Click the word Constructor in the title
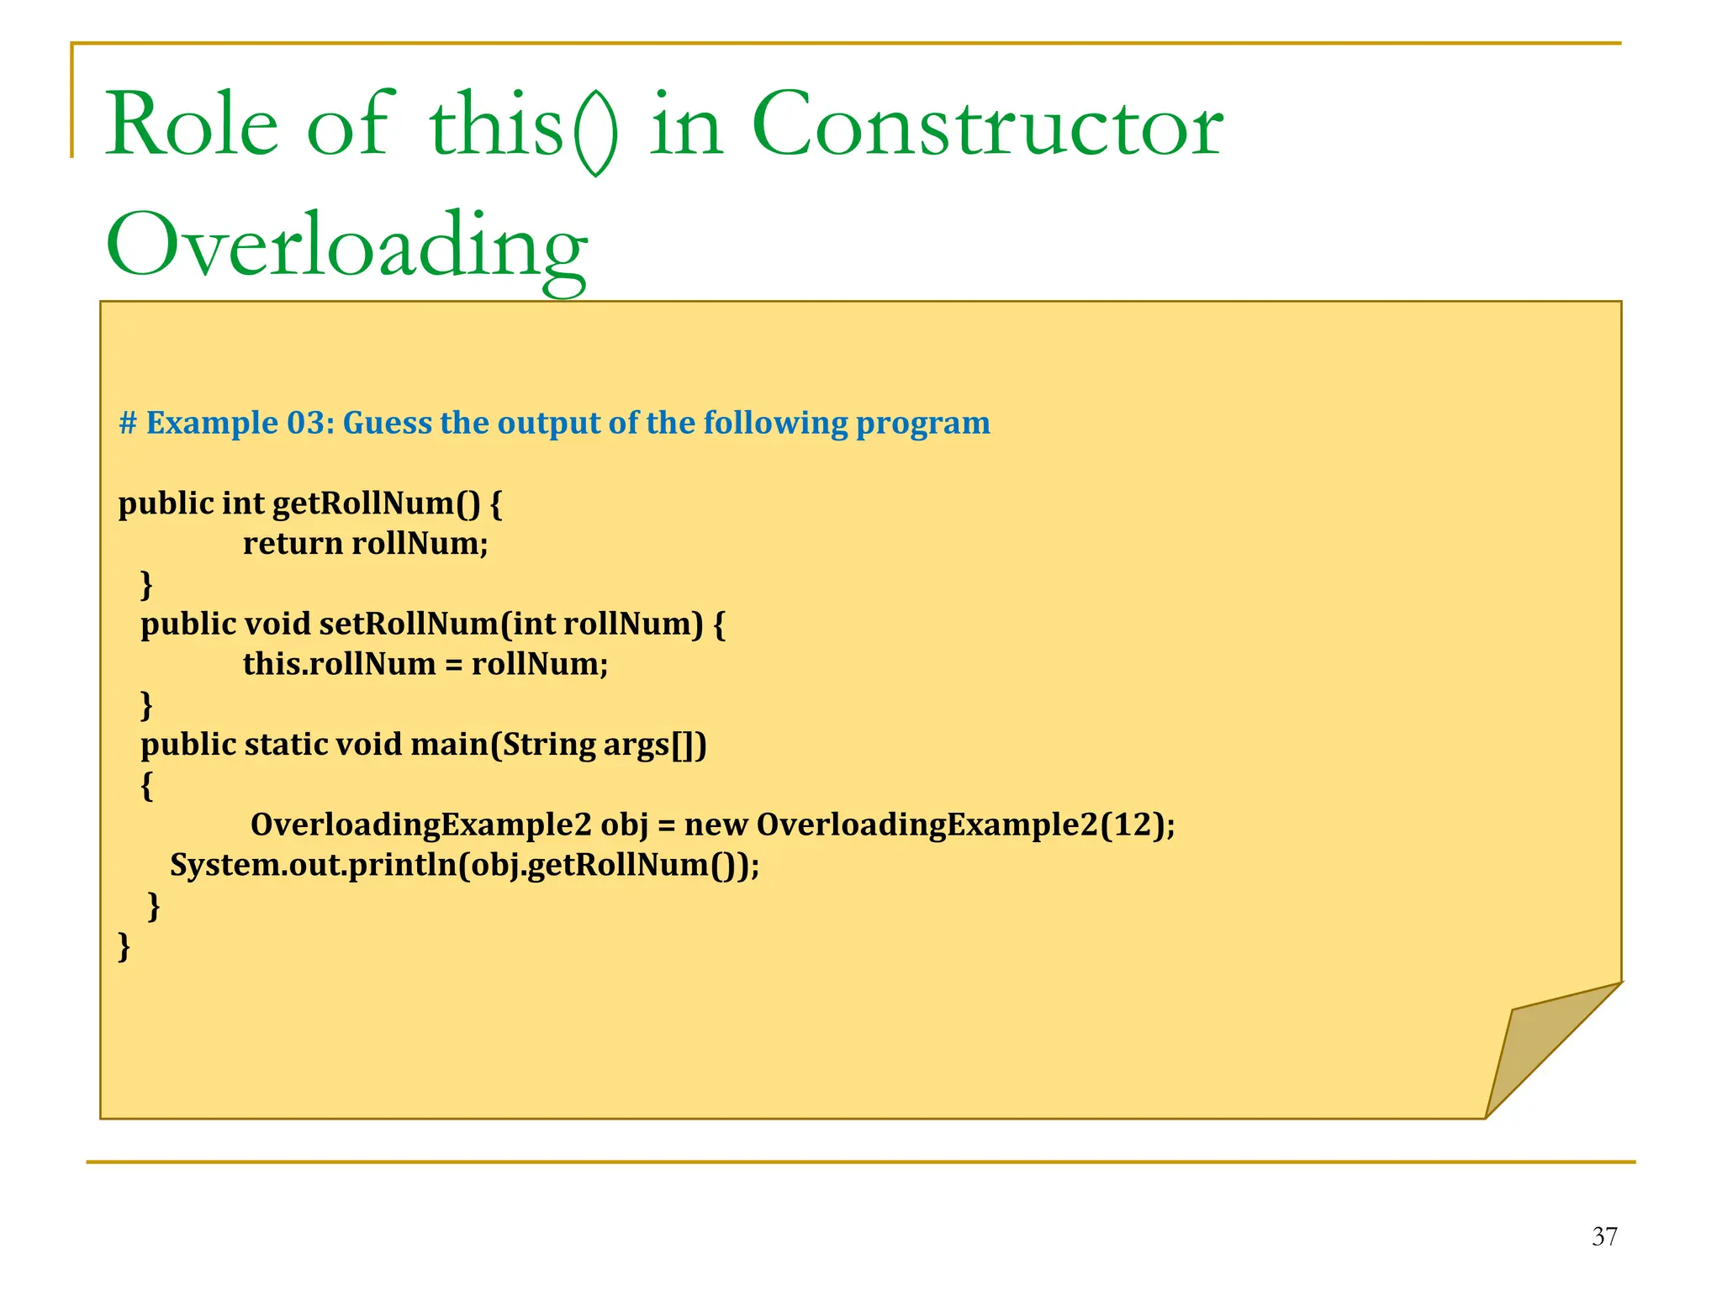coord(986,126)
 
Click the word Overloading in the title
coord(346,246)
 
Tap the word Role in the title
coord(191,126)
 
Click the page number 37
coord(1604,1236)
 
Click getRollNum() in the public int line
coord(376,503)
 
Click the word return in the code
coord(293,544)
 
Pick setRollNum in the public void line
coord(409,624)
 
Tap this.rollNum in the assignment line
coord(339,665)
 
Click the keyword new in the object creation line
coord(716,825)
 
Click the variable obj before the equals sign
coord(624,826)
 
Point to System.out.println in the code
coord(314,865)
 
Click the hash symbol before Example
coord(127,423)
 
